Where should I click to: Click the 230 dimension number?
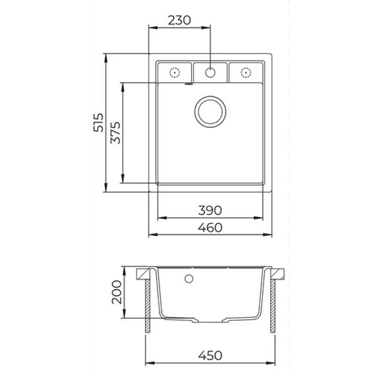coord(179,20)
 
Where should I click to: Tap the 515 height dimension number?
coord(98,123)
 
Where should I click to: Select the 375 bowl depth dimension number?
coord(115,133)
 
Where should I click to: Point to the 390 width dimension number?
coord(210,210)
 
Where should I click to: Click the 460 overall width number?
coord(210,228)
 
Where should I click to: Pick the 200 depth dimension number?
coord(117,292)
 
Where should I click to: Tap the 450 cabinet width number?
coord(210,355)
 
